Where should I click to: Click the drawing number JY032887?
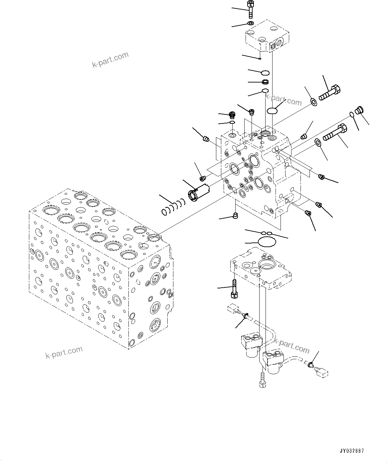[351, 451]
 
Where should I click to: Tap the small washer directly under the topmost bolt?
[250, 23]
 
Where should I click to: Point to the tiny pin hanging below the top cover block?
[260, 59]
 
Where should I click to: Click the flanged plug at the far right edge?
[359, 110]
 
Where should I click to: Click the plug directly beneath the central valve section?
[236, 216]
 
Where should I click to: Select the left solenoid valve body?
[251, 344]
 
